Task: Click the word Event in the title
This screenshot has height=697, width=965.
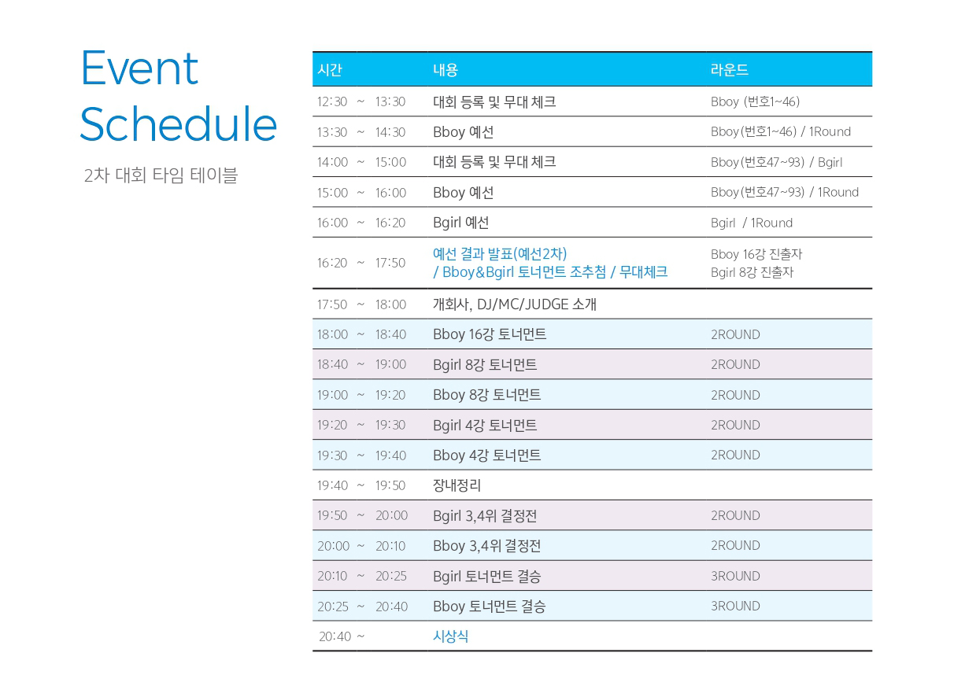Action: tap(139, 68)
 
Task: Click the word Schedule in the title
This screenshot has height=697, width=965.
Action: tap(179, 124)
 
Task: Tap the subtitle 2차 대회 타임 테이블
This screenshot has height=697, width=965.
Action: tap(161, 175)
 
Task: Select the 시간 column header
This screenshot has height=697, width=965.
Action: tap(330, 70)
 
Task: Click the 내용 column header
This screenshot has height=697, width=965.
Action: tap(446, 70)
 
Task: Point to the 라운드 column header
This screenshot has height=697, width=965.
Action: tap(730, 70)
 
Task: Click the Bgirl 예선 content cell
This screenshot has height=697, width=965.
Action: tap(460, 223)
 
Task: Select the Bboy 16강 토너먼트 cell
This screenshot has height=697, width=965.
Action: tap(490, 334)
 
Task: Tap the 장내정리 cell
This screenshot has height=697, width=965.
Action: tap(457, 485)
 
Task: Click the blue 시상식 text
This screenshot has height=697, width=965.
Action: tap(450, 636)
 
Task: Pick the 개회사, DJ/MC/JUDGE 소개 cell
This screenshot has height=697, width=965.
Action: tap(515, 304)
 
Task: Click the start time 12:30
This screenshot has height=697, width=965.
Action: tap(331, 101)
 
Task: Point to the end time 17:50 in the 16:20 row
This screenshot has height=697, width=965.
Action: tap(390, 263)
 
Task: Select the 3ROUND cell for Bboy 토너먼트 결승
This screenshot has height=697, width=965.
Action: tap(735, 606)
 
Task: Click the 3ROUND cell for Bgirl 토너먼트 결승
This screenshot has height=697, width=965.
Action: tap(735, 576)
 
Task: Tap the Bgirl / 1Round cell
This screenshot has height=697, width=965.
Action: tap(752, 223)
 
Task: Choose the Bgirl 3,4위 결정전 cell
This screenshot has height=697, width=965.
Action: tap(485, 515)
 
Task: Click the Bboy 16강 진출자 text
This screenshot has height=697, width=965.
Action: tap(756, 254)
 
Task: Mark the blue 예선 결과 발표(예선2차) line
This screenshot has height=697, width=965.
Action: tap(500, 253)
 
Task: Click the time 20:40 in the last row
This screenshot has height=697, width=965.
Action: tap(335, 636)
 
